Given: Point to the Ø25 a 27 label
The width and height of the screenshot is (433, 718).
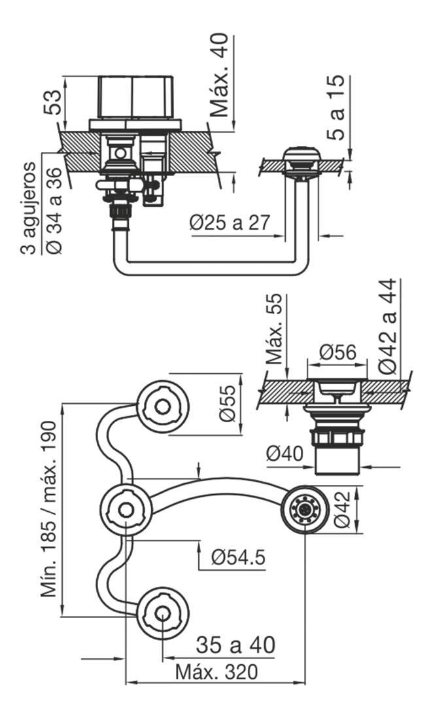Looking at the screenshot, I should pyautogui.click(x=230, y=223).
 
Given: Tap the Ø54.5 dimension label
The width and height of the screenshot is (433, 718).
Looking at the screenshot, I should pyautogui.click(x=238, y=557).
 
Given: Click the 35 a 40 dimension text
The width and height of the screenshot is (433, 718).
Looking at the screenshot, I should pyautogui.click(x=235, y=645).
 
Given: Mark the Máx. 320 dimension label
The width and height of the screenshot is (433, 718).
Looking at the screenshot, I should pyautogui.click(x=217, y=672).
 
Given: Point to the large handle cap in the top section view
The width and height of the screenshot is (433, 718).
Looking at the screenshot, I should pyautogui.click(x=135, y=98).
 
